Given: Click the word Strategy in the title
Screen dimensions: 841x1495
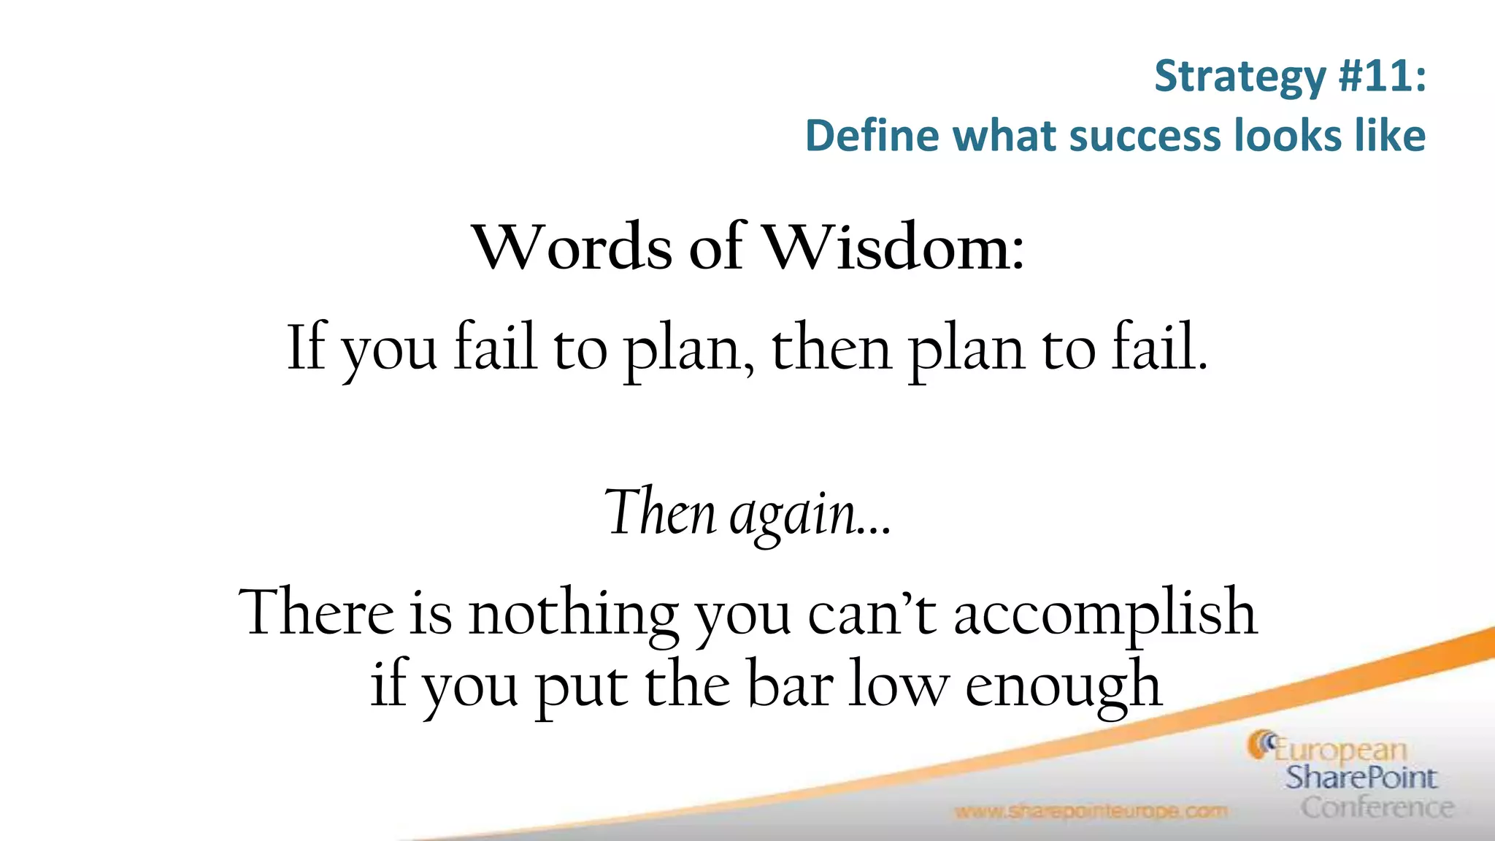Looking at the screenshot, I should [x=1240, y=77].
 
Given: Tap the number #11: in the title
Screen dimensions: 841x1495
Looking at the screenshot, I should [x=1382, y=76].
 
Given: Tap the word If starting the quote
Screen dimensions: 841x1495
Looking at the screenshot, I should [x=305, y=347].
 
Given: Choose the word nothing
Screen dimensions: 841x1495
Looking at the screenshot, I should [x=573, y=615].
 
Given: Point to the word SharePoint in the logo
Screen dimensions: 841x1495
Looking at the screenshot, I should [x=1361, y=778].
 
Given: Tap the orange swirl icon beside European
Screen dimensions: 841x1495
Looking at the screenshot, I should [x=1261, y=745].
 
